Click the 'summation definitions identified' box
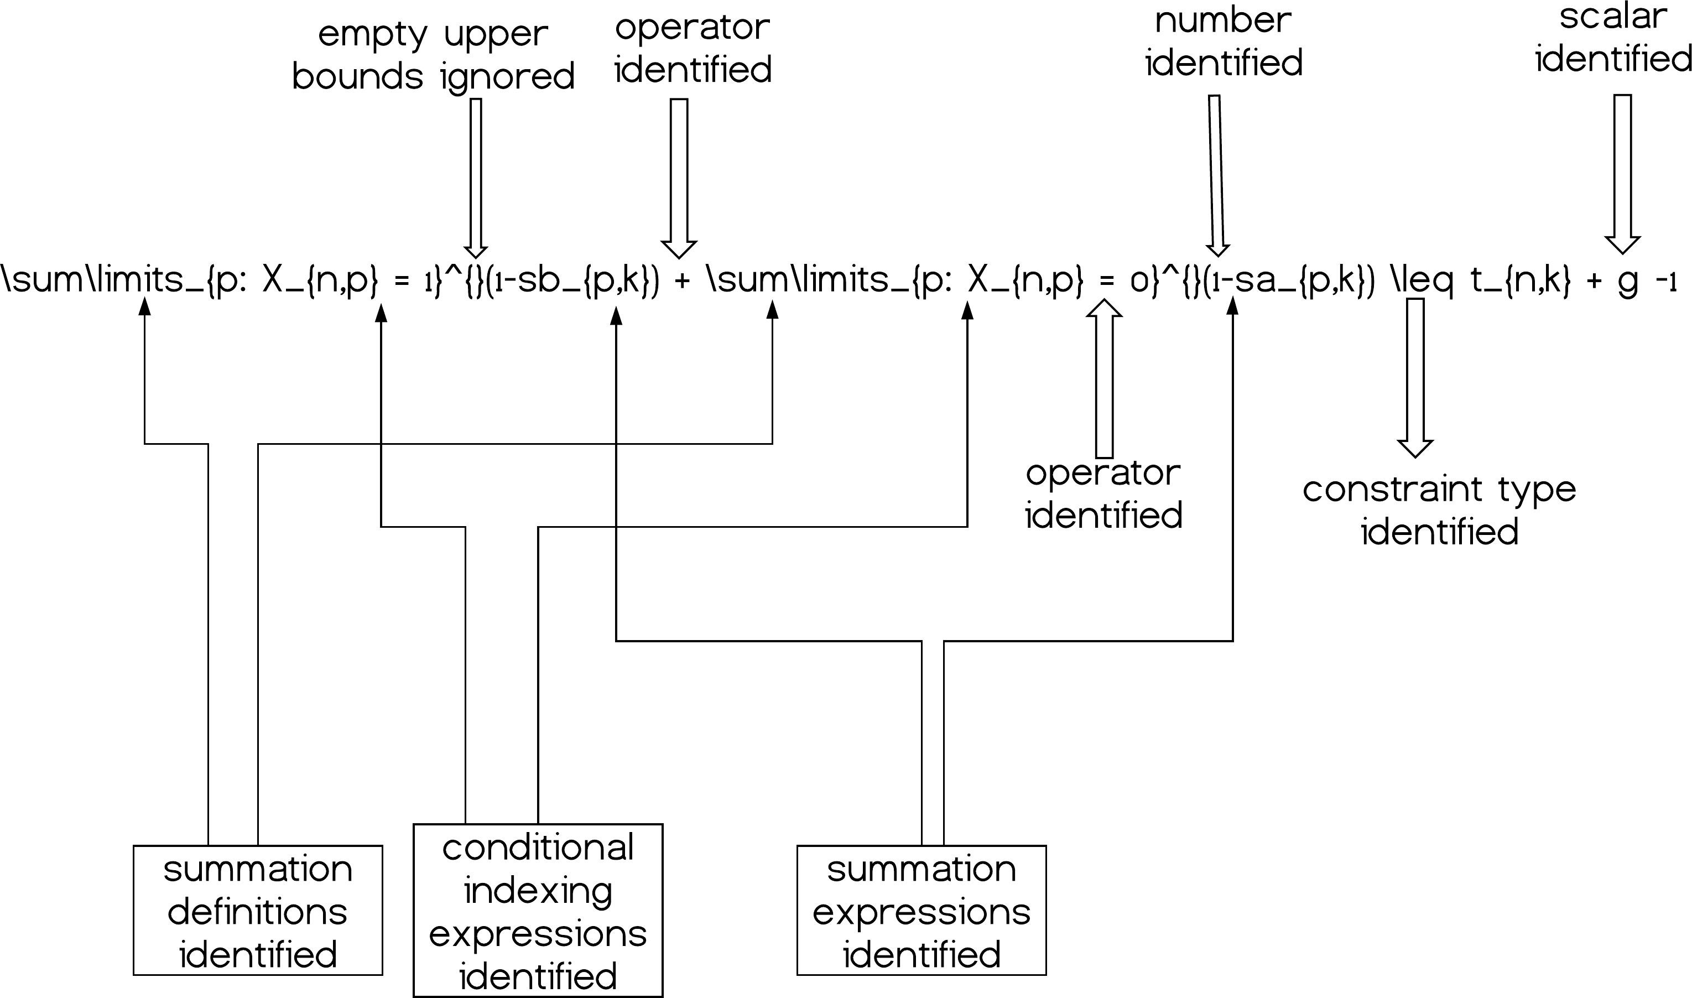[257, 910]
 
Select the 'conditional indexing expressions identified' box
[537, 910]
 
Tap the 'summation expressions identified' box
[921, 910]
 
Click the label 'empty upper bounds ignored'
[433, 55]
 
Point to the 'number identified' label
[1224, 41]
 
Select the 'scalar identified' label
[1613, 38]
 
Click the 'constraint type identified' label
[1439, 511]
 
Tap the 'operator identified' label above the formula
[693, 49]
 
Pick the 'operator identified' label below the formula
[1103, 494]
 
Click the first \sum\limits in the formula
[94, 279]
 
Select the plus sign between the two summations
[681, 281]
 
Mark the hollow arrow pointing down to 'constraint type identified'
[1415, 377]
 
